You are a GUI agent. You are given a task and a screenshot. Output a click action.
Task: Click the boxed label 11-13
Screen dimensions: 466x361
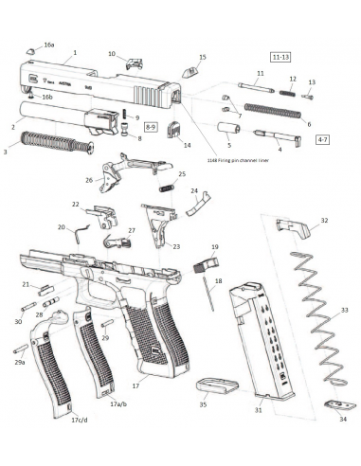click(282, 58)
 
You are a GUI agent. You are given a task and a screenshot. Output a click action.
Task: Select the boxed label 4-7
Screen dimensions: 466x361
click(322, 140)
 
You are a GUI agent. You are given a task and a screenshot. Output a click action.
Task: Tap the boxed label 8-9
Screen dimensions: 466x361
click(152, 125)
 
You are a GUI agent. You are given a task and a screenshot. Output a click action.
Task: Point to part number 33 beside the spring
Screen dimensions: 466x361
click(344, 310)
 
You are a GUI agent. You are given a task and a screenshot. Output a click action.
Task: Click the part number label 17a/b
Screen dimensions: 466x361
click(118, 403)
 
